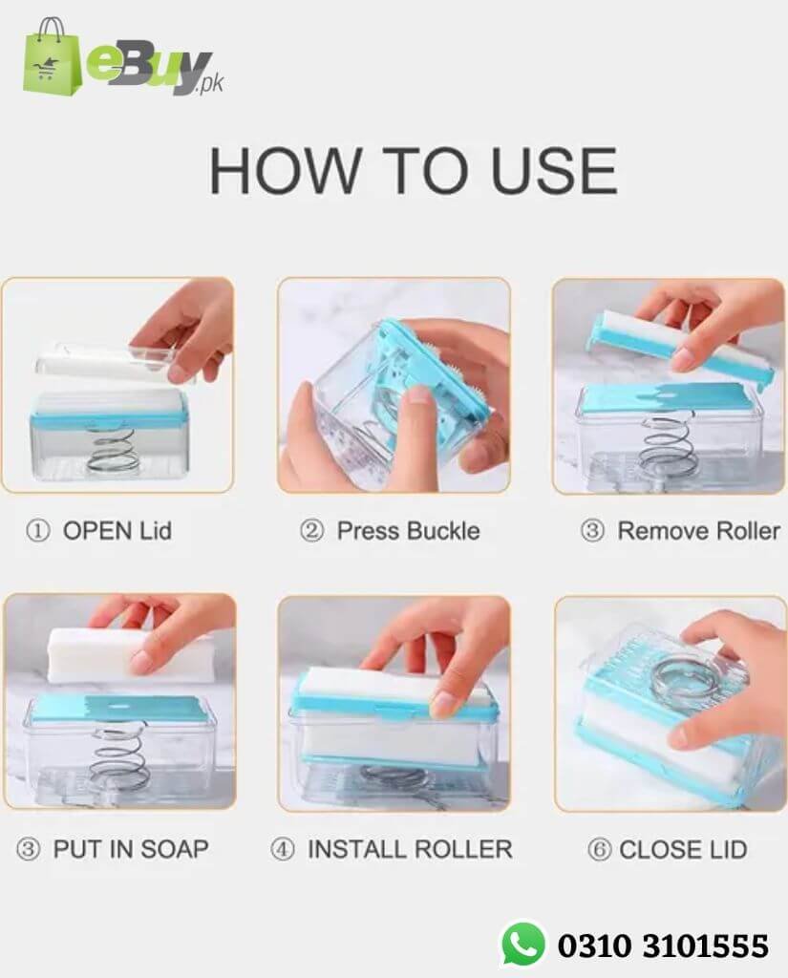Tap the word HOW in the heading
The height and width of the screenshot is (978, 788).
pos(286,171)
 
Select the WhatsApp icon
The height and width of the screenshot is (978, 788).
pos(522,945)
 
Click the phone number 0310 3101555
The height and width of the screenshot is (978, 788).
pos(663,946)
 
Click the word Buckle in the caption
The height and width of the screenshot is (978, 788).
pos(443,531)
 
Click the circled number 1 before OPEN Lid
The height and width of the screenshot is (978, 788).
pos(37,531)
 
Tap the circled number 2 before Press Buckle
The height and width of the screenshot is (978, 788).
pos(311,531)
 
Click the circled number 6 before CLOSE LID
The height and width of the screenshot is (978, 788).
pos(599,849)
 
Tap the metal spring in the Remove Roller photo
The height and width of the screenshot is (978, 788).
pos(664,443)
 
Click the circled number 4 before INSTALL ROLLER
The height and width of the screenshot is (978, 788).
pos(282,849)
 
